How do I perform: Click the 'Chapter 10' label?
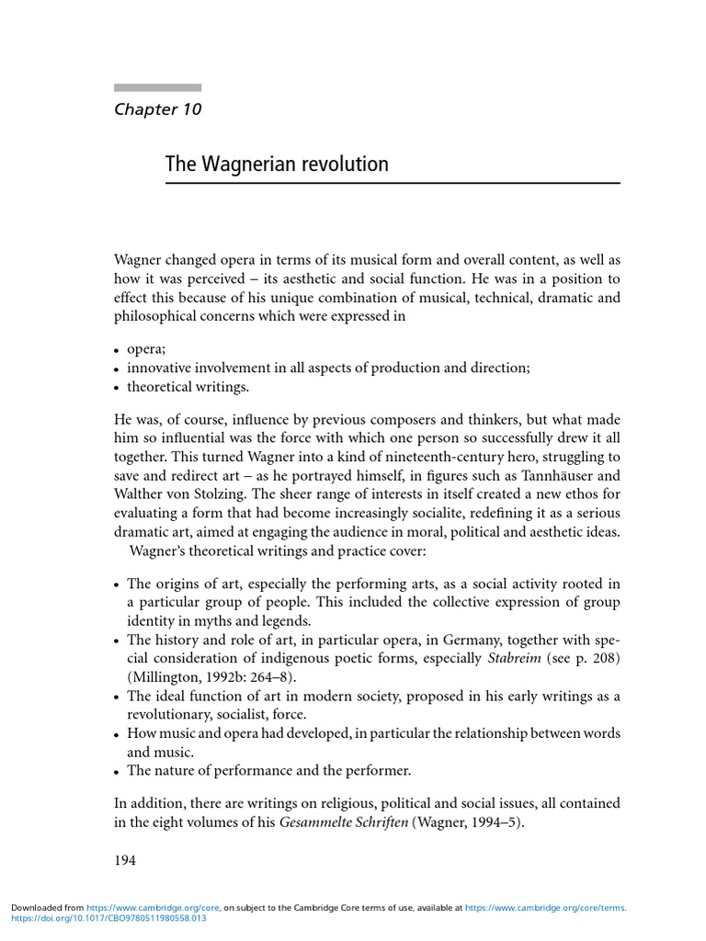click(x=157, y=109)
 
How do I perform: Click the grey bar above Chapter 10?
click(x=157, y=87)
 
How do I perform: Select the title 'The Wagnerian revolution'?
click(x=277, y=164)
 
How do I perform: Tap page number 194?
click(x=125, y=860)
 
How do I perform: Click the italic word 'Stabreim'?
click(x=514, y=658)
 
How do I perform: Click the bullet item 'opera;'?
click(x=145, y=350)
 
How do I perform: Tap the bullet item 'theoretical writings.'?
click(x=188, y=387)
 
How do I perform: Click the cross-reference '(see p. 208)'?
click(x=583, y=658)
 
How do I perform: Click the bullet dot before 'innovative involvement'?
click(x=119, y=369)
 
